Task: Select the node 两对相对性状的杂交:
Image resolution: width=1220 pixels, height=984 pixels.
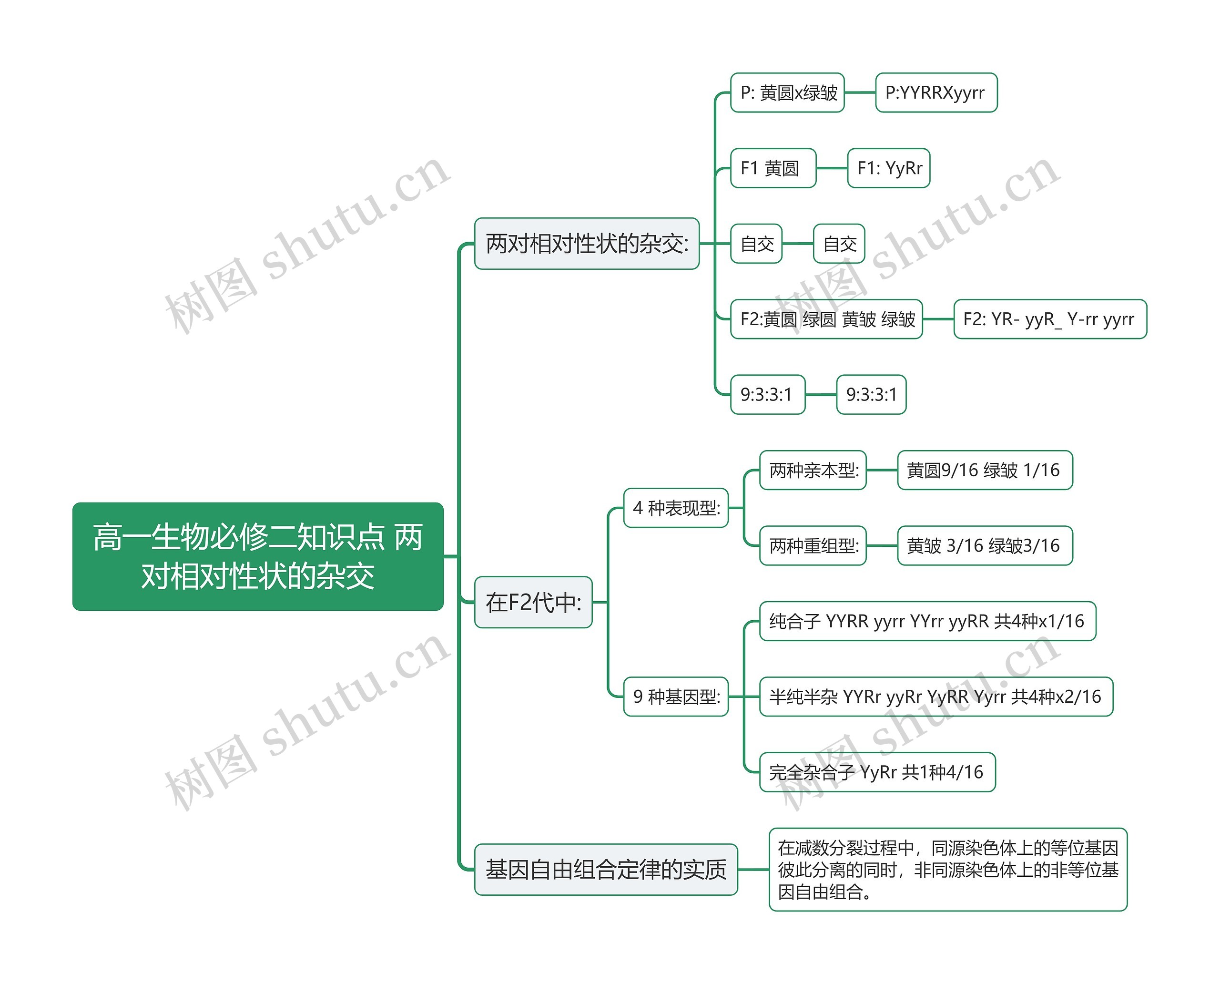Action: point(587,243)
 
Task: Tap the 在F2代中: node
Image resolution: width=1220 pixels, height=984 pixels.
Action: point(533,602)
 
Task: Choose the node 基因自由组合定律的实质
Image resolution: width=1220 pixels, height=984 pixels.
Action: point(606,870)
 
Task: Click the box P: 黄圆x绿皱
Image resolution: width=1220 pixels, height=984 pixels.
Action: point(788,92)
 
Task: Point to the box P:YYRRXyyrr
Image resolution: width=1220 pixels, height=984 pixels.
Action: point(936,92)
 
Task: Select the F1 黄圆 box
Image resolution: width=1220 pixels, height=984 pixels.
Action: point(773,168)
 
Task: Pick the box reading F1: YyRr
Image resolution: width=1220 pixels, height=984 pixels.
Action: point(888,168)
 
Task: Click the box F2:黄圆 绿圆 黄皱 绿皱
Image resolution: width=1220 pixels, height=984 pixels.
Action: point(827,319)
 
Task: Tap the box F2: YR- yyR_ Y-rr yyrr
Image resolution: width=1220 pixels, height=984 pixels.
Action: point(1050,319)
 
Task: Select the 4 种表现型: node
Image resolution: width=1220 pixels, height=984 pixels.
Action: point(676,508)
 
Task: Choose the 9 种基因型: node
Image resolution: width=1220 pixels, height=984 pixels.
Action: point(676,696)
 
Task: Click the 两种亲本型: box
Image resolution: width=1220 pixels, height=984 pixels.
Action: point(813,470)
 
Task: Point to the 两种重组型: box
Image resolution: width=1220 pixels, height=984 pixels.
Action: point(813,545)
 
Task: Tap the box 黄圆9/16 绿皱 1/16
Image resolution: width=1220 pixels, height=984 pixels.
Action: point(985,470)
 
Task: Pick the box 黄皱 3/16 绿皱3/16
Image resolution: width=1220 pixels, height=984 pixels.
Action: point(985,545)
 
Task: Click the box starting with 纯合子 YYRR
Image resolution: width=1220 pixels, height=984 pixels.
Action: point(927,621)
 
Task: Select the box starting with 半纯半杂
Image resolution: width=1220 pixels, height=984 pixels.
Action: point(936,696)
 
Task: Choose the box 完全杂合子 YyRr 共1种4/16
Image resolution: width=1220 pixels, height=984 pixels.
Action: point(877,772)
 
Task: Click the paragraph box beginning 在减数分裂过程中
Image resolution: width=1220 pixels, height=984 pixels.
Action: point(948,870)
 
